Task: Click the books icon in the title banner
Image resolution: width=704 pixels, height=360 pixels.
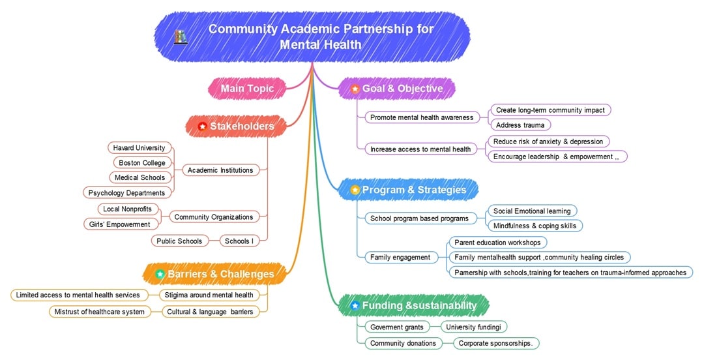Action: point(181,37)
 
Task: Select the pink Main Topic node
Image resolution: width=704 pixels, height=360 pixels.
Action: point(247,89)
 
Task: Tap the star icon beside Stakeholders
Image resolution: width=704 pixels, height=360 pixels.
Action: point(202,126)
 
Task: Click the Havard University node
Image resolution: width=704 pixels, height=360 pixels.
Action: point(139,148)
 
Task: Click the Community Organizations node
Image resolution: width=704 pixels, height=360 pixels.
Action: point(214,217)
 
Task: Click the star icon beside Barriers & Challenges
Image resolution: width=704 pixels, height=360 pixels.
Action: point(160,274)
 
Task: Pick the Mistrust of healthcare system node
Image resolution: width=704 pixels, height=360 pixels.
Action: point(99,312)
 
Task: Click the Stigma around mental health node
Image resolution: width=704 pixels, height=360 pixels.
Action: point(209,295)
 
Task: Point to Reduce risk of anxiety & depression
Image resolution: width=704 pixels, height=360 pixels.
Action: point(548,142)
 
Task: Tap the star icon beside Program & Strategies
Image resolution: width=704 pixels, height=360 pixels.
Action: point(355,190)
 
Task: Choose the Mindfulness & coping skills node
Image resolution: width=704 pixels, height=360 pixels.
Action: point(535,226)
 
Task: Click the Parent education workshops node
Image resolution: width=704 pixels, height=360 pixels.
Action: point(497,243)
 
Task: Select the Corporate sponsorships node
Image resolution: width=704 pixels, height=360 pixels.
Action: point(495,343)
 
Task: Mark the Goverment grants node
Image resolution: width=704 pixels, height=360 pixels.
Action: point(396,327)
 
